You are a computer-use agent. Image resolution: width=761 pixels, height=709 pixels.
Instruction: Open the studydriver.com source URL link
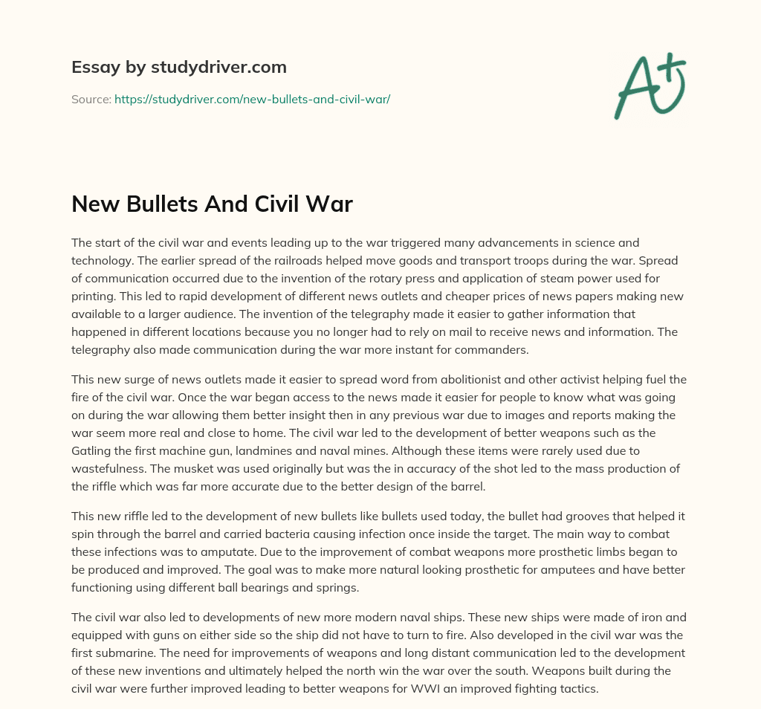click(x=252, y=99)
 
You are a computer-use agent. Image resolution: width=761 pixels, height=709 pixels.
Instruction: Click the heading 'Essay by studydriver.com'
click(x=178, y=67)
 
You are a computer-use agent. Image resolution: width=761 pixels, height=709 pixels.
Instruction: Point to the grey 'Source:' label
click(x=91, y=99)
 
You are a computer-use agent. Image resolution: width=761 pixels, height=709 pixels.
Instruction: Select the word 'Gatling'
click(x=92, y=451)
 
